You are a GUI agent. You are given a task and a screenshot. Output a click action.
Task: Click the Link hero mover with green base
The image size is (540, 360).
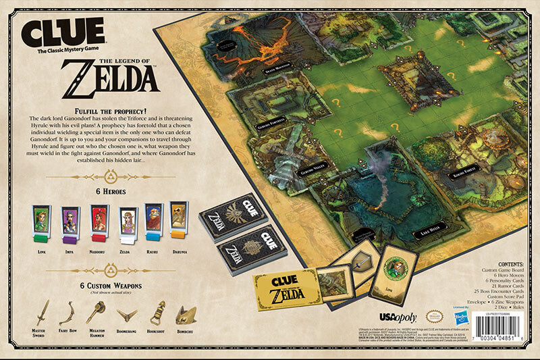click(40, 224)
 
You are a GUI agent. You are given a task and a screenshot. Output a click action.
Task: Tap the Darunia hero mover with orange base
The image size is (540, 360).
click(178, 220)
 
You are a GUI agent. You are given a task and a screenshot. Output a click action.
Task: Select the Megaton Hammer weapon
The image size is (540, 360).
click(97, 311)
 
